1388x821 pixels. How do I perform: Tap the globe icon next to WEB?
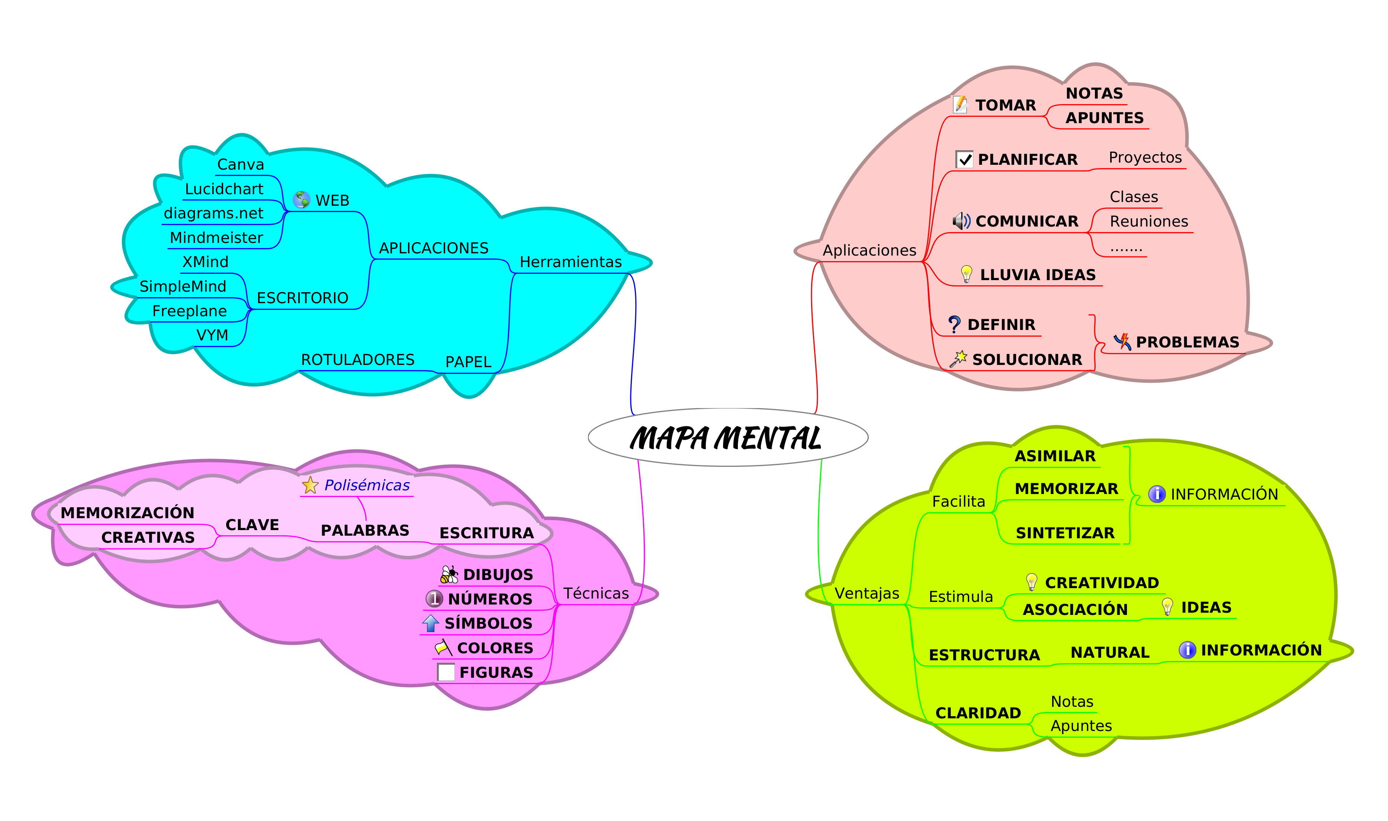[x=301, y=200]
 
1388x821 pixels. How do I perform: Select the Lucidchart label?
[x=224, y=189]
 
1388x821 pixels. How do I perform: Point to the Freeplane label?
[x=189, y=311]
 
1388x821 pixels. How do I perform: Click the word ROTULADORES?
[x=357, y=360]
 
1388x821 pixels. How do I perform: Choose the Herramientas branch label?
[x=571, y=262]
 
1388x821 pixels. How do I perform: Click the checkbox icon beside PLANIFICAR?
[x=964, y=159]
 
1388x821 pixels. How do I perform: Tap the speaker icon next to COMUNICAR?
[x=961, y=221]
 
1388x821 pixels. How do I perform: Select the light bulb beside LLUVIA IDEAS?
[x=966, y=274]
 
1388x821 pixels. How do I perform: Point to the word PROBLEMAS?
[x=1187, y=343]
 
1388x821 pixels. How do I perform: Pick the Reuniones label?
[x=1148, y=222]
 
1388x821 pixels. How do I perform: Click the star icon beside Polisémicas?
[x=310, y=485]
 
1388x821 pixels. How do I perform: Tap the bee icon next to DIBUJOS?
[x=449, y=575]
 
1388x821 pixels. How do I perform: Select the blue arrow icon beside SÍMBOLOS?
[x=431, y=623]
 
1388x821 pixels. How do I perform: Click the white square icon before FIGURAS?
[x=446, y=672]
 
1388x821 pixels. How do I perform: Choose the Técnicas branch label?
[x=595, y=594]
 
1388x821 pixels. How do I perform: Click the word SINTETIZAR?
[x=1065, y=533]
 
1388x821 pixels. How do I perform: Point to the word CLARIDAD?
[x=978, y=713]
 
